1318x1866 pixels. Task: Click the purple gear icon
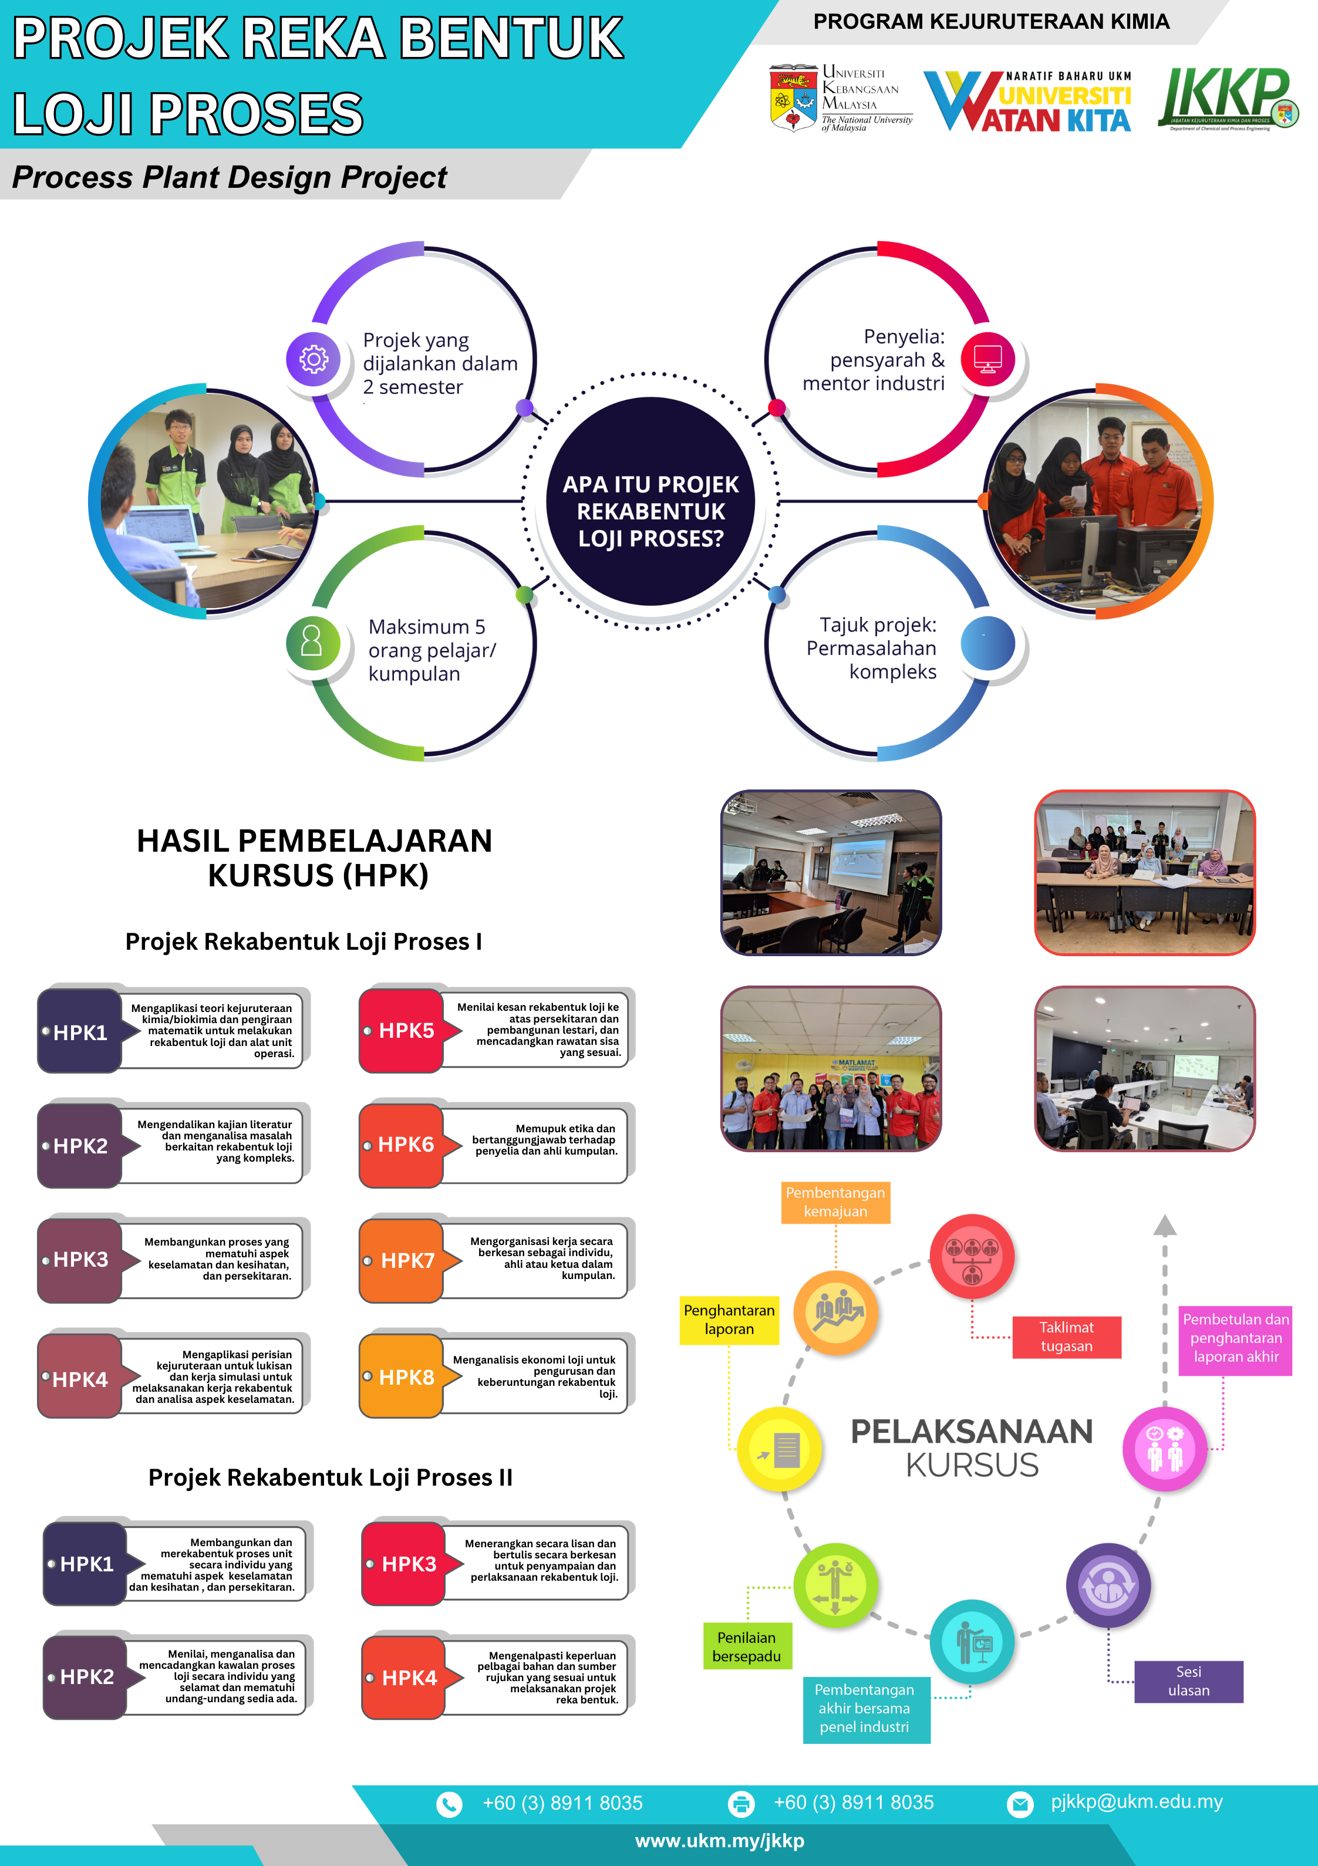(x=313, y=359)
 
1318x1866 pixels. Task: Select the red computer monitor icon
(x=988, y=359)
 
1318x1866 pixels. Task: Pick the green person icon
(x=312, y=643)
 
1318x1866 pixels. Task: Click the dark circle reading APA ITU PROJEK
(x=650, y=501)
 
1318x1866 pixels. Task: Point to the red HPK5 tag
(x=403, y=1031)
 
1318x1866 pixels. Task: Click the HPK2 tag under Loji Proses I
(x=80, y=1146)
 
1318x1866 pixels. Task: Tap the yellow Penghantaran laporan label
(x=729, y=1320)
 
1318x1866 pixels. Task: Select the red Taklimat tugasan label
(x=1066, y=1337)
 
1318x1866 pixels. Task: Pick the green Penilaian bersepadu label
(x=746, y=1646)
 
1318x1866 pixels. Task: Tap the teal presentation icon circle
(x=972, y=1642)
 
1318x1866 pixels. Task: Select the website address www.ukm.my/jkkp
(x=720, y=1841)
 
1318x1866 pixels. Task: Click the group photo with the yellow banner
(x=831, y=1069)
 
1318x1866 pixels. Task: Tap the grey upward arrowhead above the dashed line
(x=1164, y=1225)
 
